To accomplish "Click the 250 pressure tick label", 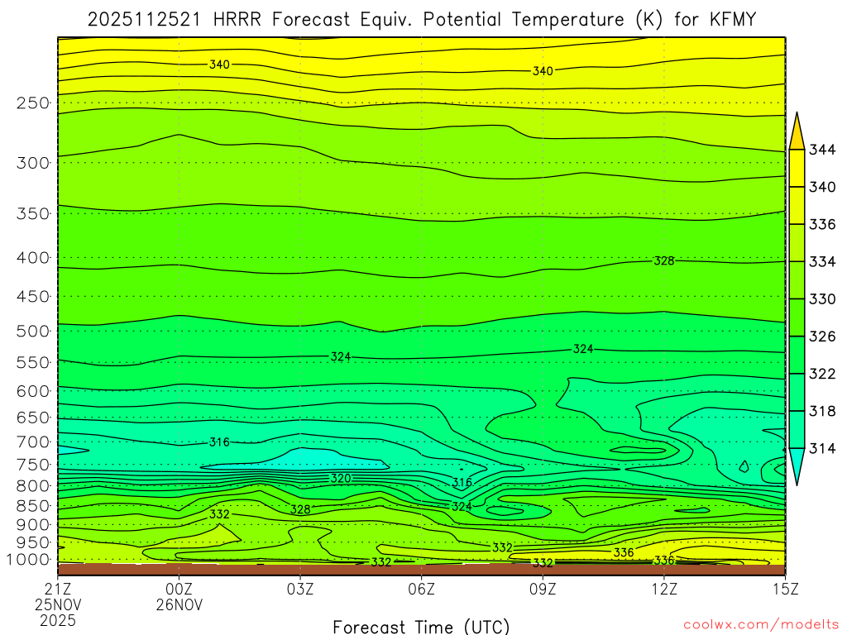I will pyautogui.click(x=32, y=103).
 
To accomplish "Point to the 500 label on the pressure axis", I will pyautogui.click(x=32, y=332).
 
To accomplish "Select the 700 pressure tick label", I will pyautogui.click(x=32, y=442).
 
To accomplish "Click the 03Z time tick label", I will pyautogui.click(x=300, y=590).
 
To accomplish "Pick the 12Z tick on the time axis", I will pyautogui.click(x=664, y=590).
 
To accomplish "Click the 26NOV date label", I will pyautogui.click(x=179, y=604).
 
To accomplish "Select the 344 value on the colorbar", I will pyautogui.click(x=821, y=150).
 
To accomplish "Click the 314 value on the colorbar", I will pyautogui.click(x=821, y=448).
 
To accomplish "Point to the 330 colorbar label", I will pyautogui.click(x=821, y=298).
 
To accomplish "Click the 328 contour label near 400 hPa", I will pyautogui.click(x=664, y=260).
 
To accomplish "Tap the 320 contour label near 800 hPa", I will pyautogui.click(x=341, y=478).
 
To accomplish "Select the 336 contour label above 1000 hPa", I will pyautogui.click(x=624, y=552).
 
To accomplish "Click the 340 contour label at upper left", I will pyautogui.click(x=219, y=64).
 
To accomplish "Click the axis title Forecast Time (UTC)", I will pyautogui.click(x=421, y=626).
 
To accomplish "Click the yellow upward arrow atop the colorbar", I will pyautogui.click(x=797, y=131).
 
